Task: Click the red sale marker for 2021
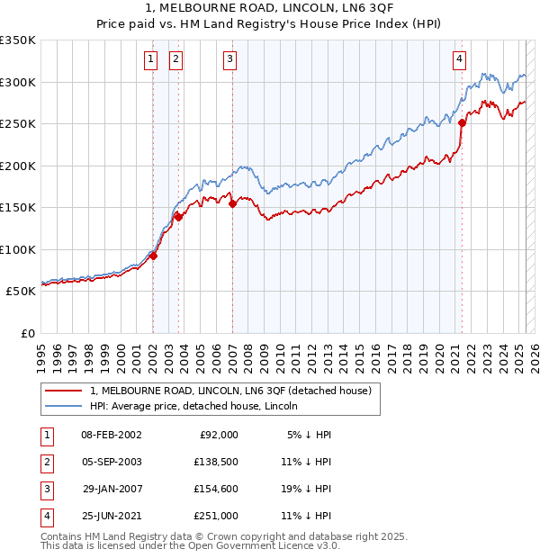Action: coord(462,122)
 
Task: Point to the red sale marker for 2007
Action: coord(232,203)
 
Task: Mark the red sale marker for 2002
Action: coord(153,256)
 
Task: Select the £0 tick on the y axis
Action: coord(29,333)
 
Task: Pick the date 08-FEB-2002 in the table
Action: coord(111,435)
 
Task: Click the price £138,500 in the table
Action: coord(216,462)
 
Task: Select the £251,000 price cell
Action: coord(216,516)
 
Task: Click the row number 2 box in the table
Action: coord(44,462)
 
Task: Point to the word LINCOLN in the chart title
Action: coord(238,8)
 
